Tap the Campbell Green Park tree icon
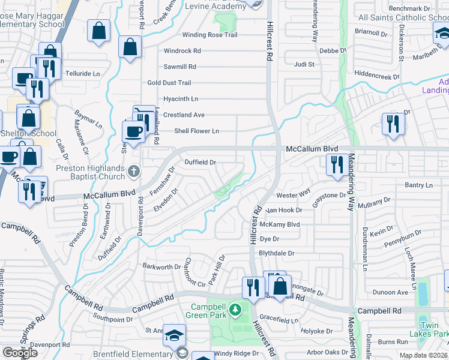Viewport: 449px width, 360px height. pyautogui.click(x=236, y=310)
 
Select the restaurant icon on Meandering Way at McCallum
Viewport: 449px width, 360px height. pyautogui.click(x=335, y=164)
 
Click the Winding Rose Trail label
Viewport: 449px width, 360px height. pyautogui.click(x=193, y=35)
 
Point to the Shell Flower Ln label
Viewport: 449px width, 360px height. pyautogui.click(x=196, y=131)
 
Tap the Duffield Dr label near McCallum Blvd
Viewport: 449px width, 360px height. pyautogui.click(x=200, y=162)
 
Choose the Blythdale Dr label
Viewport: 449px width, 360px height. pyautogui.click(x=277, y=253)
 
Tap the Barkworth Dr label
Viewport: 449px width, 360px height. pyautogui.click(x=161, y=266)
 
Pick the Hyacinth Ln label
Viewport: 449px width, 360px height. pyautogui.click(x=181, y=99)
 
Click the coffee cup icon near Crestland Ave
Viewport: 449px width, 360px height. pyautogui.click(x=133, y=130)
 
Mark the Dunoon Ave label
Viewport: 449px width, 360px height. pyautogui.click(x=391, y=293)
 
